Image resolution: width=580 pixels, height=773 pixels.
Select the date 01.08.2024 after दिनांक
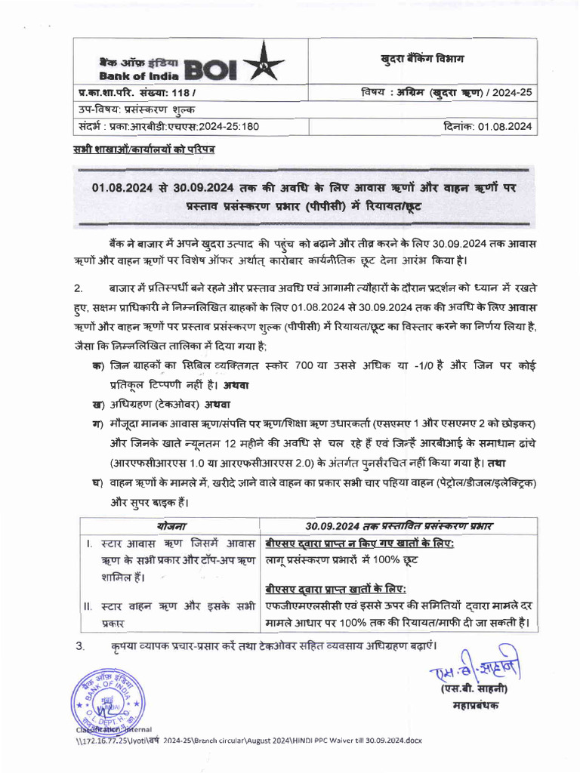506,126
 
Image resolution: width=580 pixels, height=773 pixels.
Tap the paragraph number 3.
79,646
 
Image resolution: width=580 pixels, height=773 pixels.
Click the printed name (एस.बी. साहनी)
474,688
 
